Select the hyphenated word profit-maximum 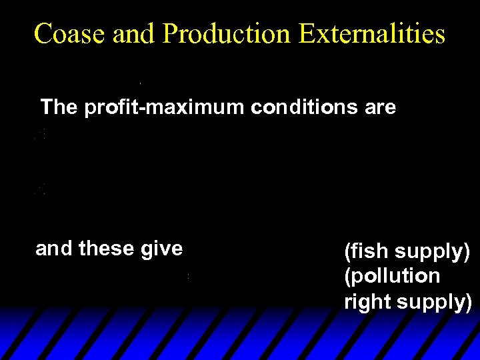pyautogui.click(x=165, y=107)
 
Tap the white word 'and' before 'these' pyautogui.click(x=54, y=249)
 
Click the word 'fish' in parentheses pyautogui.click(x=367, y=252)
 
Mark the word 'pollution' pyautogui.click(x=395, y=276)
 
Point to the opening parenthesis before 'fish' pyautogui.click(x=347, y=253)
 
